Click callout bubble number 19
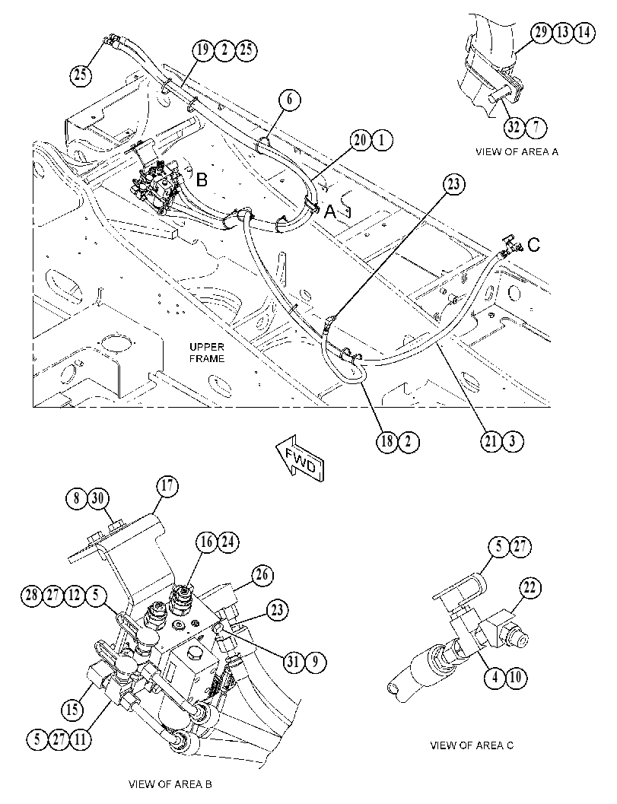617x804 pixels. [x=203, y=50]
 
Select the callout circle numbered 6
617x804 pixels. [x=290, y=99]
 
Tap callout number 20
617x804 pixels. [x=361, y=140]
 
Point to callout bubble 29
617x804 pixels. [x=540, y=33]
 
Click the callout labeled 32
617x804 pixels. [x=514, y=127]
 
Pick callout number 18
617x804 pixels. [x=387, y=441]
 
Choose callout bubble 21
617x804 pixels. [x=491, y=441]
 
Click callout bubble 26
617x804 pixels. [x=262, y=575]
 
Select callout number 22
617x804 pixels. [x=530, y=587]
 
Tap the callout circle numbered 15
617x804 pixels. [x=72, y=710]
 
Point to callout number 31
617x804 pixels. [x=294, y=662]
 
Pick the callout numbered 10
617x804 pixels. [x=516, y=678]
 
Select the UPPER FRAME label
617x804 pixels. [x=207, y=353]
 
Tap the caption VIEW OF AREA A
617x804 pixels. [x=517, y=152]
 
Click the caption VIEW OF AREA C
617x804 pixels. [x=472, y=745]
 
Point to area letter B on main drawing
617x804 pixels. [x=202, y=180]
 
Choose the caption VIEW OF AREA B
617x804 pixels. [x=170, y=784]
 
